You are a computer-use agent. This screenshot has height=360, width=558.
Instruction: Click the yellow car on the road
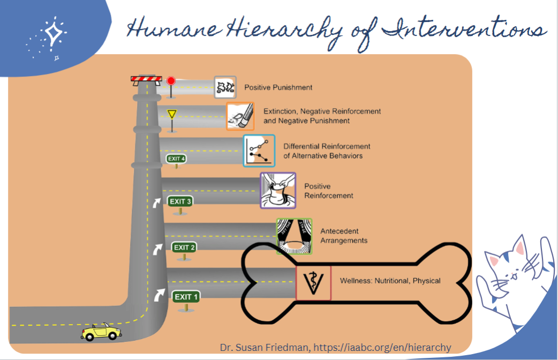101,332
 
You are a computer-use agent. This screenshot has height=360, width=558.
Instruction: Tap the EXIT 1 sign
186,297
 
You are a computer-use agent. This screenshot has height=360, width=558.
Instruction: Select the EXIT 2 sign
184,247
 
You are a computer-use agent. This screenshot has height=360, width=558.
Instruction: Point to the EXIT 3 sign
180,201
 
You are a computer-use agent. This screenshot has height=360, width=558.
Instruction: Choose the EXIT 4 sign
176,159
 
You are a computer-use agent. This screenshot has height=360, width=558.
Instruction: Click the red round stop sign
171,81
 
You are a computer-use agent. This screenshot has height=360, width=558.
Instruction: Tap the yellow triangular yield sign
171,114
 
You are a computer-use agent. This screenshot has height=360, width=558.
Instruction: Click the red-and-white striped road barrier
146,80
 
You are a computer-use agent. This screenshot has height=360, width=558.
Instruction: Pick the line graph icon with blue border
259,151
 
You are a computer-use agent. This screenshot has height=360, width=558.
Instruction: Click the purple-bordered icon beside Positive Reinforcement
278,190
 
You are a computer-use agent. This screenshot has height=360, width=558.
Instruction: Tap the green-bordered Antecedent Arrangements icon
293,236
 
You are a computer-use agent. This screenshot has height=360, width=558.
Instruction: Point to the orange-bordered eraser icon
240,116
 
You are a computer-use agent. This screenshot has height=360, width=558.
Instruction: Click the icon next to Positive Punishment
225,87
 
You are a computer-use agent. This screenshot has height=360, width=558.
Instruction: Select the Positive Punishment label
278,87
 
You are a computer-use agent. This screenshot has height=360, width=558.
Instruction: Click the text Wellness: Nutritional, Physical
390,281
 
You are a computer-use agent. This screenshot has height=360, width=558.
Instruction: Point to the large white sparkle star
52,34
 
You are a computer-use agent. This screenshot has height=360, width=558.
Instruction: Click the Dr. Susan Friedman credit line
335,347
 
